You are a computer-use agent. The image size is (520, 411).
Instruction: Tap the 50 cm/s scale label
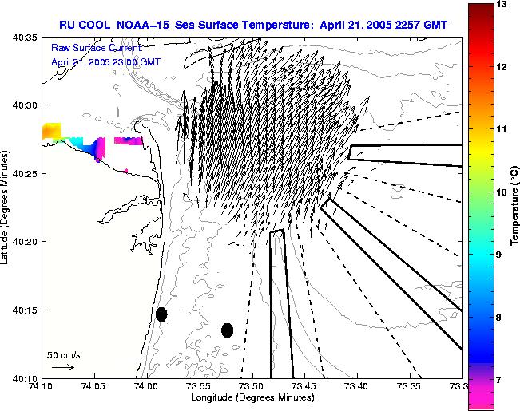coord(64,354)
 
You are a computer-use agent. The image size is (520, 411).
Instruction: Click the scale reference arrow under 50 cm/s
coord(62,367)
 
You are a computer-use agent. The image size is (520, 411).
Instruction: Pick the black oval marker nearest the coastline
coord(161,314)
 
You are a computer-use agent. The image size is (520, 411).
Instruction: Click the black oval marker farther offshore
coord(227,330)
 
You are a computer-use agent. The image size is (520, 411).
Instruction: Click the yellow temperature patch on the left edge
coord(51,130)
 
